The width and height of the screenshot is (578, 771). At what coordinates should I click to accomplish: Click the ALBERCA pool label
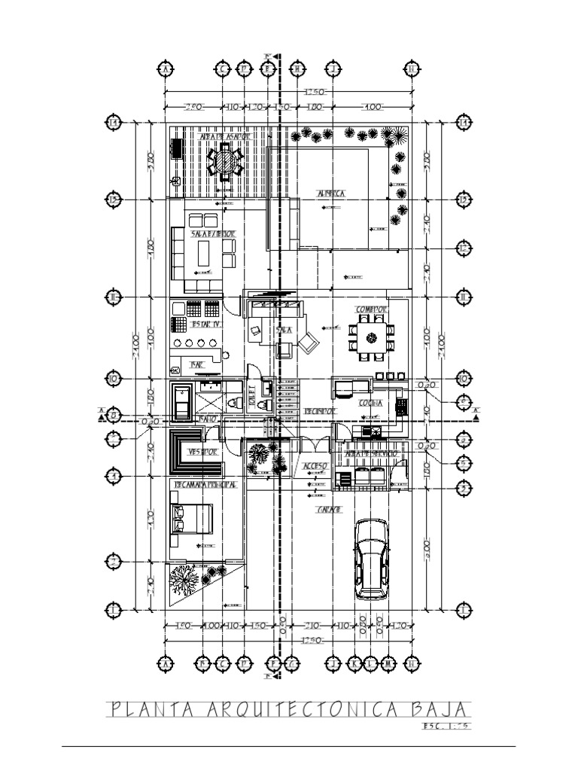331,194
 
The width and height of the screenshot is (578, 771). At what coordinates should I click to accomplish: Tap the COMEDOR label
372,309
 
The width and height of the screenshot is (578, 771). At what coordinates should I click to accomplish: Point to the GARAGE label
330,510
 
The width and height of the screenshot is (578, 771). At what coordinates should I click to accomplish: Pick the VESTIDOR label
203,453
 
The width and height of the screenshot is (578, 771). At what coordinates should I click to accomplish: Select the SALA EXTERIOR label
213,235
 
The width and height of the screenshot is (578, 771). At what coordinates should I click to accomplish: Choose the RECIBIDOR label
320,411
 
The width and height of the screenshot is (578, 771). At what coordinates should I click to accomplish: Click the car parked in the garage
371,558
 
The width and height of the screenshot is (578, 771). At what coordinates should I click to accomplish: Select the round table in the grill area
225,160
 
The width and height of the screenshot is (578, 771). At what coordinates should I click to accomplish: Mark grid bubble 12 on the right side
464,248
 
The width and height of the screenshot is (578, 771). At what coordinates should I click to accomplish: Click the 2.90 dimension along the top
193,108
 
